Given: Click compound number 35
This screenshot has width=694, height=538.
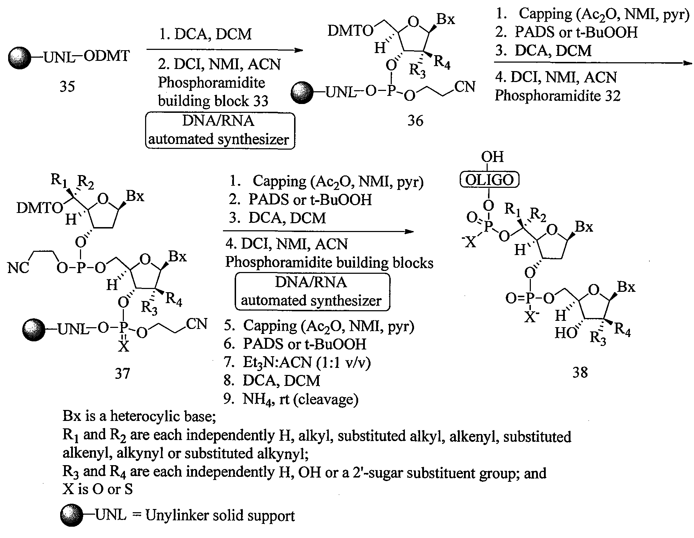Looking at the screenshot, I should click(x=67, y=86).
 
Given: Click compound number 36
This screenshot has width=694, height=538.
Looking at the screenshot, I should click(x=415, y=121).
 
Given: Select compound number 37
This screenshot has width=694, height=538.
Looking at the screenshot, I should click(x=122, y=373).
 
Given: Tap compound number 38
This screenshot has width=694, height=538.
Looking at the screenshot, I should click(x=580, y=372).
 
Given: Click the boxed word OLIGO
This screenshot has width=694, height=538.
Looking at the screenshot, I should click(x=489, y=180).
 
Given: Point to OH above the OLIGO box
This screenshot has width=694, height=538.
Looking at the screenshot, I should click(x=492, y=157).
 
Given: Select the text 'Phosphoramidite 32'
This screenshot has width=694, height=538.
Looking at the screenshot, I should click(x=557, y=96).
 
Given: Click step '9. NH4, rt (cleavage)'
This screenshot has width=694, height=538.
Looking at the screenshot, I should click(x=291, y=399).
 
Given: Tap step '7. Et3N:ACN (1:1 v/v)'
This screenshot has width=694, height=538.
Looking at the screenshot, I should click(x=297, y=362).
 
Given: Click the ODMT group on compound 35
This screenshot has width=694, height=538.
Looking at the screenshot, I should click(x=107, y=56).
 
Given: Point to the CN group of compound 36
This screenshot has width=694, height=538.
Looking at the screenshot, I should click(x=465, y=87).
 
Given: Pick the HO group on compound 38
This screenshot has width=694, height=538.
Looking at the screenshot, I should click(x=565, y=333).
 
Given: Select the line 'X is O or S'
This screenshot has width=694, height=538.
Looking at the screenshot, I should click(x=97, y=489).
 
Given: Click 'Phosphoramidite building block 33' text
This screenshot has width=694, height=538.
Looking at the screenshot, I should click(x=212, y=92).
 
